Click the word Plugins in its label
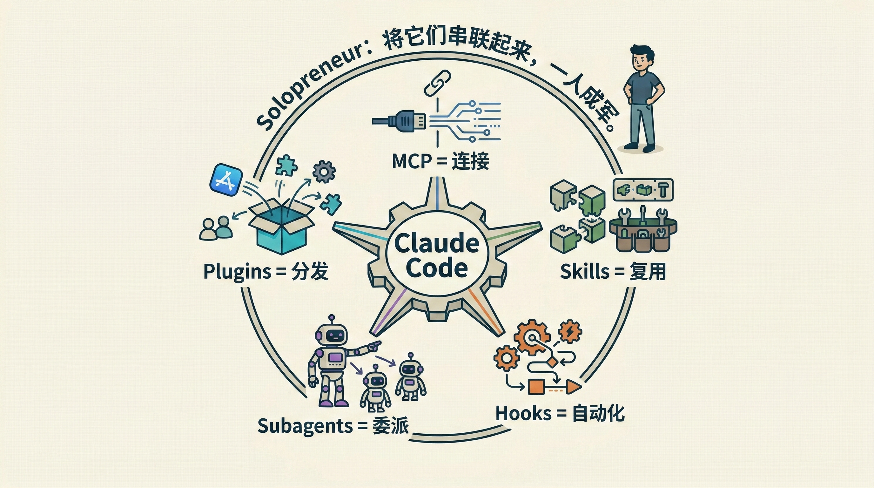coord(237,272)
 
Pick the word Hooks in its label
coord(523,414)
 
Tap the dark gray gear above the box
coord(324,172)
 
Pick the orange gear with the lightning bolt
coord(570,330)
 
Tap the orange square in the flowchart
coord(536,387)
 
